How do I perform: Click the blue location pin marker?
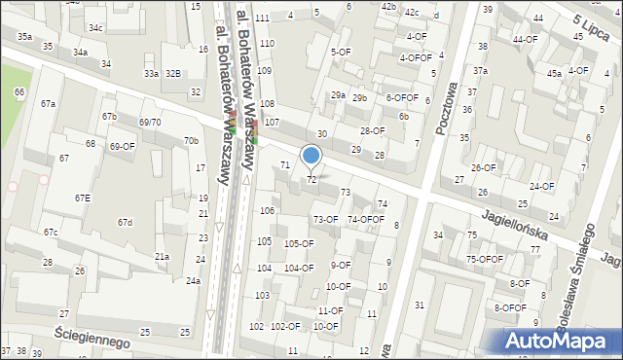pos(311,156)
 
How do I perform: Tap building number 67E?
pos(83,198)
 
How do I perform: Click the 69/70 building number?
pos(149,122)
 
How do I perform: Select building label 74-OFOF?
pos(366,219)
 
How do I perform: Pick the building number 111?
pos(262,18)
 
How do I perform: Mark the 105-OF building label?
pos(299,243)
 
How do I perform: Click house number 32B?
pos(172,73)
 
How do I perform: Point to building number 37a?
pos(480,71)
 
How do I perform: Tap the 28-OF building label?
pos(372,130)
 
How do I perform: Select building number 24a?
pos(194,281)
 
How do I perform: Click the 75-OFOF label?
pos(484,259)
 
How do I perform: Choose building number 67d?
pos(125,223)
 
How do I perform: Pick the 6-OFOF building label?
pos(402,97)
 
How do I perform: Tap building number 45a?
pos(554,73)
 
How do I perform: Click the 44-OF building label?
pos(525,39)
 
